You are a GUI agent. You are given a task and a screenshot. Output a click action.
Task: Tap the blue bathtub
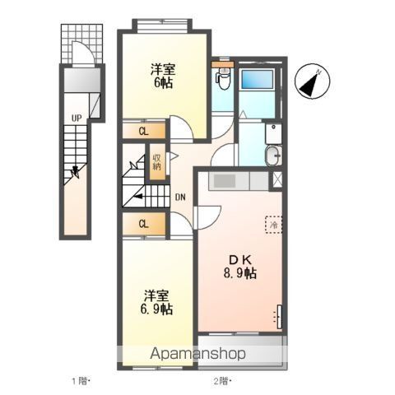coord(257,80)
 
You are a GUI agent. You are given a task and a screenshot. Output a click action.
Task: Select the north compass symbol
coord(312,81)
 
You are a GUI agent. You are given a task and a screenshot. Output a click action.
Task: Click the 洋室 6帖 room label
coord(163,76)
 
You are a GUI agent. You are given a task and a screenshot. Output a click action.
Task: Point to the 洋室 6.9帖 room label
coord(157,302)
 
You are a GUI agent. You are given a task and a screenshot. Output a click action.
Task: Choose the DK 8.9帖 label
coord(240,267)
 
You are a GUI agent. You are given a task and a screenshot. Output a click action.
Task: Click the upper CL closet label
coord(144,132)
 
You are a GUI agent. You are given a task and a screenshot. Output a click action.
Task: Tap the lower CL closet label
coord(144,224)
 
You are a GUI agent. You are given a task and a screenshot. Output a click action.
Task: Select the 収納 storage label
coord(157,162)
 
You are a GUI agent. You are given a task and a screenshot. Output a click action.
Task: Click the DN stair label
coord(180,197)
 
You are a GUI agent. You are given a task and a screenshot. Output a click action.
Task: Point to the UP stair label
coord(77,118)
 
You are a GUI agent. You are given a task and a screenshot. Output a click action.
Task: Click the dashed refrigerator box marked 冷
coord(273,225)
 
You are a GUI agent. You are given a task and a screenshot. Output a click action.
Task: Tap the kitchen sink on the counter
coord(225,181)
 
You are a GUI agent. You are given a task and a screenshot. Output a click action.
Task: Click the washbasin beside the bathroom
coord(273,156)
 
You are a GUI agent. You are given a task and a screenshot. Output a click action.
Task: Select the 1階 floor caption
coord(81,381)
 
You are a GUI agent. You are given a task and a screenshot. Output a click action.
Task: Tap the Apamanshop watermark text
coord(197,354)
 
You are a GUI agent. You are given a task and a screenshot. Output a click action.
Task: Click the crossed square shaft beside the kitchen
coord(277,180)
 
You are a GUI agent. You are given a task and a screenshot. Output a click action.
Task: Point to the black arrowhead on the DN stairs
coord(138,196)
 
